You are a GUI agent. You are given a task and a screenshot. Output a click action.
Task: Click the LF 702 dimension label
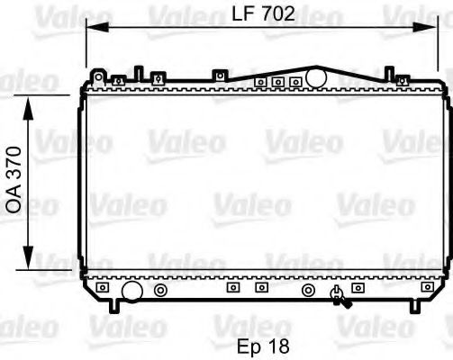[x=266, y=14]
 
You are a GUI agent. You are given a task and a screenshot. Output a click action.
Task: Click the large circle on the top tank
[x=316, y=78]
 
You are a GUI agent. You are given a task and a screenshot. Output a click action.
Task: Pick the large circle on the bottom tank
[x=107, y=291]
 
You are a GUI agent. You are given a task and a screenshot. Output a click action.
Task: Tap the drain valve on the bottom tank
[x=338, y=292]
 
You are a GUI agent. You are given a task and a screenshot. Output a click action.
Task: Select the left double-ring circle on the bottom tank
[x=135, y=290]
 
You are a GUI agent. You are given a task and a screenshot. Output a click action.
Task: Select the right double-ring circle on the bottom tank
[x=308, y=290]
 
